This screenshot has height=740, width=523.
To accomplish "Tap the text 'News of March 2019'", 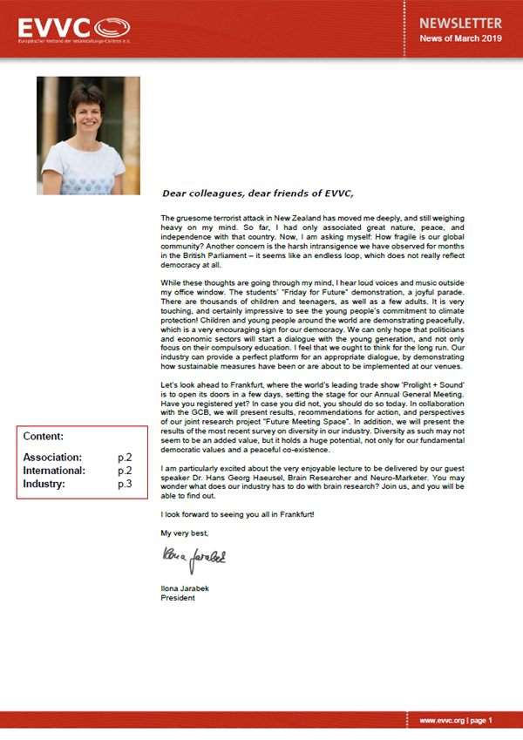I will tap(461, 39).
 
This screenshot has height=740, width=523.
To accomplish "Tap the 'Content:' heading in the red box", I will tap(44, 436).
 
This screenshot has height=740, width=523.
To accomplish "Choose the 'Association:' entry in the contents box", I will tap(53, 457).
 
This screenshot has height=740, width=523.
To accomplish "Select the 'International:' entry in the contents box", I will tap(54, 470).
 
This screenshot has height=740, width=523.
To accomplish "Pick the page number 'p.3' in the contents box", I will tap(125, 483).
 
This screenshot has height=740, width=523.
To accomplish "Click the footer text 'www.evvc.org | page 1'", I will tap(456, 721).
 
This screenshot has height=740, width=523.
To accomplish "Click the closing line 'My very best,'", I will tap(185, 531).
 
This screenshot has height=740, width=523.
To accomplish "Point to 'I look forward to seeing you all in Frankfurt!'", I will tap(237, 513).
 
